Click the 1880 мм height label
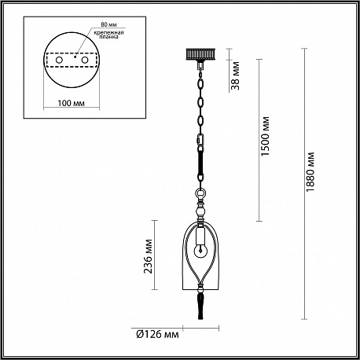[310, 172]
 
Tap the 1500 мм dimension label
[266, 136]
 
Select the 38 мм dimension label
[236, 75]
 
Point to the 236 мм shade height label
[149, 256]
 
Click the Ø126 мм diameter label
[158, 334]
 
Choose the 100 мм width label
[72, 103]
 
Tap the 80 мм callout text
[108, 24]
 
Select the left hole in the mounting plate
[59, 60]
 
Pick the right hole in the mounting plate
[85, 60]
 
